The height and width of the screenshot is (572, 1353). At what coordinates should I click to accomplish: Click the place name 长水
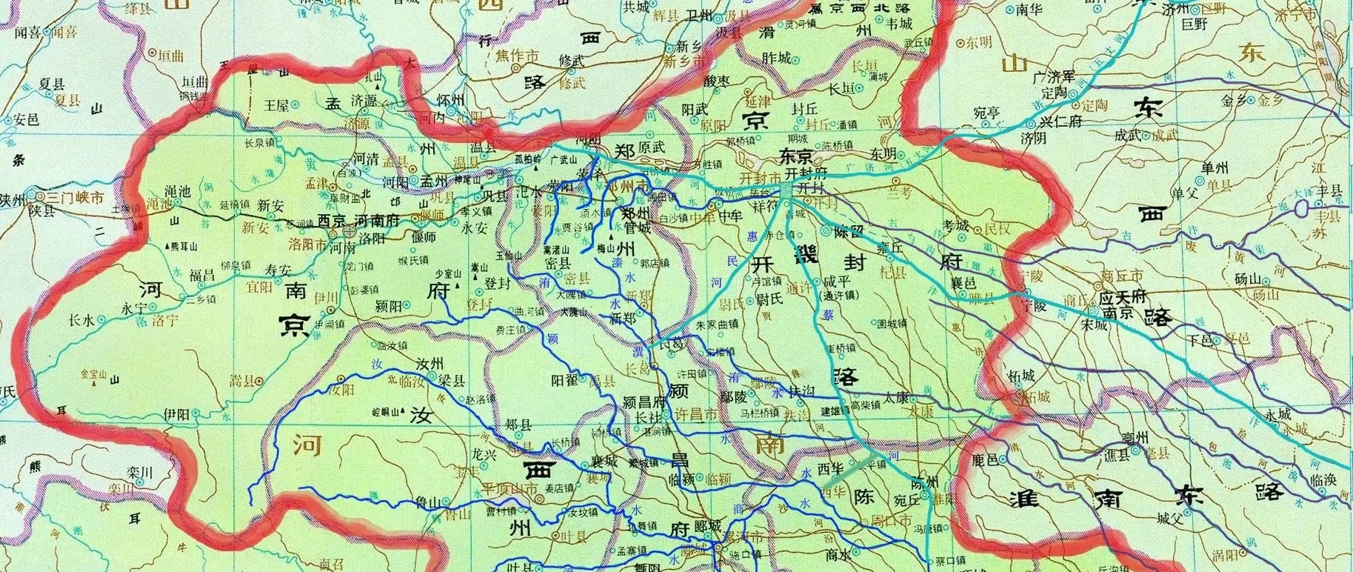coord(81,320)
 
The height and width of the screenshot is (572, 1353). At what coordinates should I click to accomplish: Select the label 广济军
coord(1058,78)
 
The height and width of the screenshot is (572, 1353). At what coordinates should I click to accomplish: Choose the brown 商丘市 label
coord(1122,275)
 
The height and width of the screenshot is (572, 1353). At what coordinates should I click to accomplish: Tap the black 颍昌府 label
coord(646,402)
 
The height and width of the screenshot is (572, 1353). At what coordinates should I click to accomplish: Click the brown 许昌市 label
coord(697,416)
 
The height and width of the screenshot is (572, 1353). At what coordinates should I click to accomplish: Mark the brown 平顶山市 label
coord(510,489)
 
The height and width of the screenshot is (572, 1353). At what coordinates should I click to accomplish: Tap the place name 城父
coord(1169,519)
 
